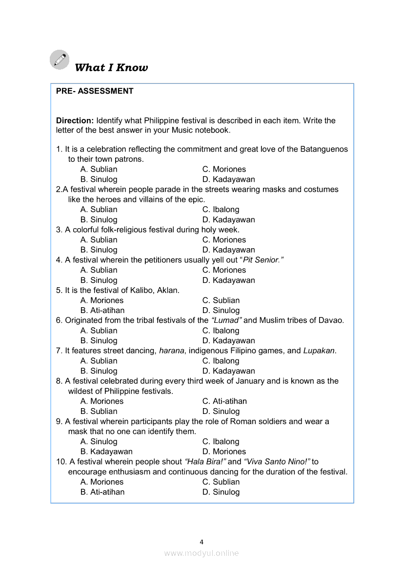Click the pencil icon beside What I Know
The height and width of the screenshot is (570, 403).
(x=60, y=59)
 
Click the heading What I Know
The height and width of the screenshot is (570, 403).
(x=111, y=68)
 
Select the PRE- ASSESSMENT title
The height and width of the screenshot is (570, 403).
(x=95, y=91)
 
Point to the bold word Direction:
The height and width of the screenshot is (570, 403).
(x=75, y=120)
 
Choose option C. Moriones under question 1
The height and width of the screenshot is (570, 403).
(x=224, y=169)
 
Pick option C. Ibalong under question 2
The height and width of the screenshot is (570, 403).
(x=221, y=210)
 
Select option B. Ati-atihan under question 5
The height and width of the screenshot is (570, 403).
(x=102, y=311)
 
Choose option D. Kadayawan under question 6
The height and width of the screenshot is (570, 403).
(x=228, y=341)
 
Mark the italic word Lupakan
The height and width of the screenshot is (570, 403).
(x=320, y=351)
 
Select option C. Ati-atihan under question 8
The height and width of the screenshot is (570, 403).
(x=224, y=401)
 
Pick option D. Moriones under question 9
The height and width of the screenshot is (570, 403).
(x=224, y=452)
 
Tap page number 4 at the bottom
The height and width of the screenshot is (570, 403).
(x=201, y=542)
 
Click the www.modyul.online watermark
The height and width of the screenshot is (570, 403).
(x=201, y=553)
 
